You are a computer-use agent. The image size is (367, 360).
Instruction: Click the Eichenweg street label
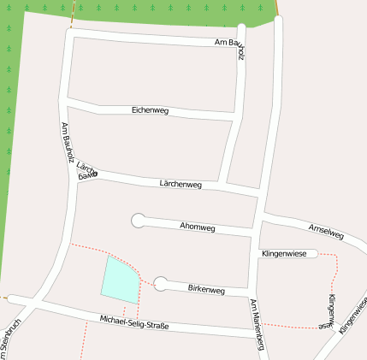(150, 110)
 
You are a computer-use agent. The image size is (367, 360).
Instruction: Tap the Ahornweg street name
(198, 227)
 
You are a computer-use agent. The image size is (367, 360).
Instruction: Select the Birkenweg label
(205, 290)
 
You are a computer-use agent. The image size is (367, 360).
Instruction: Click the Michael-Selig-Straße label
(134, 322)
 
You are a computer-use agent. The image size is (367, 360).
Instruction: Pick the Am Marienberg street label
(257, 326)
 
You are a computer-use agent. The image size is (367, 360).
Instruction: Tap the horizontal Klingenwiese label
(284, 254)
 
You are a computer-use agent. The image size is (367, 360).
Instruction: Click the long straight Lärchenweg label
(181, 184)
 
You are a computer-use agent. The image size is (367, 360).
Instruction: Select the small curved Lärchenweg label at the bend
(86, 168)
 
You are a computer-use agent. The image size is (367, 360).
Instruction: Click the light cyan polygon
(119, 279)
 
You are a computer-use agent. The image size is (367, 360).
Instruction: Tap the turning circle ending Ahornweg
(137, 220)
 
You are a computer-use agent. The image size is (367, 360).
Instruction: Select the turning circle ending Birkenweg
(161, 284)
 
